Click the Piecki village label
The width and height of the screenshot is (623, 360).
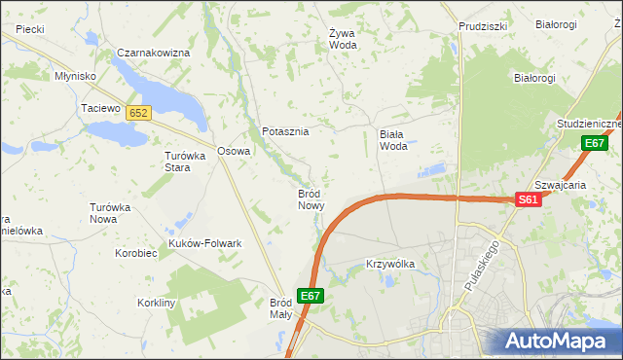click(29, 29)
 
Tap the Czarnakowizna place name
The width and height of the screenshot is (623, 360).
click(153, 53)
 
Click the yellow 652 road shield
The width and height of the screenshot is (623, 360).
click(138, 113)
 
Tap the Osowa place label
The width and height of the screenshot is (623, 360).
click(234, 151)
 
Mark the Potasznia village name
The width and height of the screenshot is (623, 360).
click(285, 131)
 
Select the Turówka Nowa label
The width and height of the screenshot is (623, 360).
click(110, 213)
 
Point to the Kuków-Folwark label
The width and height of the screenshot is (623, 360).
click(205, 243)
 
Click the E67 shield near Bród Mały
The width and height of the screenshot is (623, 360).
click(311, 296)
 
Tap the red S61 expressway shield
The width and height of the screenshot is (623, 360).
click(528, 199)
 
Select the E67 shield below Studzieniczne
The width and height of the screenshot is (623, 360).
click(596, 144)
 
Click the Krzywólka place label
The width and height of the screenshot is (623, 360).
click(390, 264)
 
